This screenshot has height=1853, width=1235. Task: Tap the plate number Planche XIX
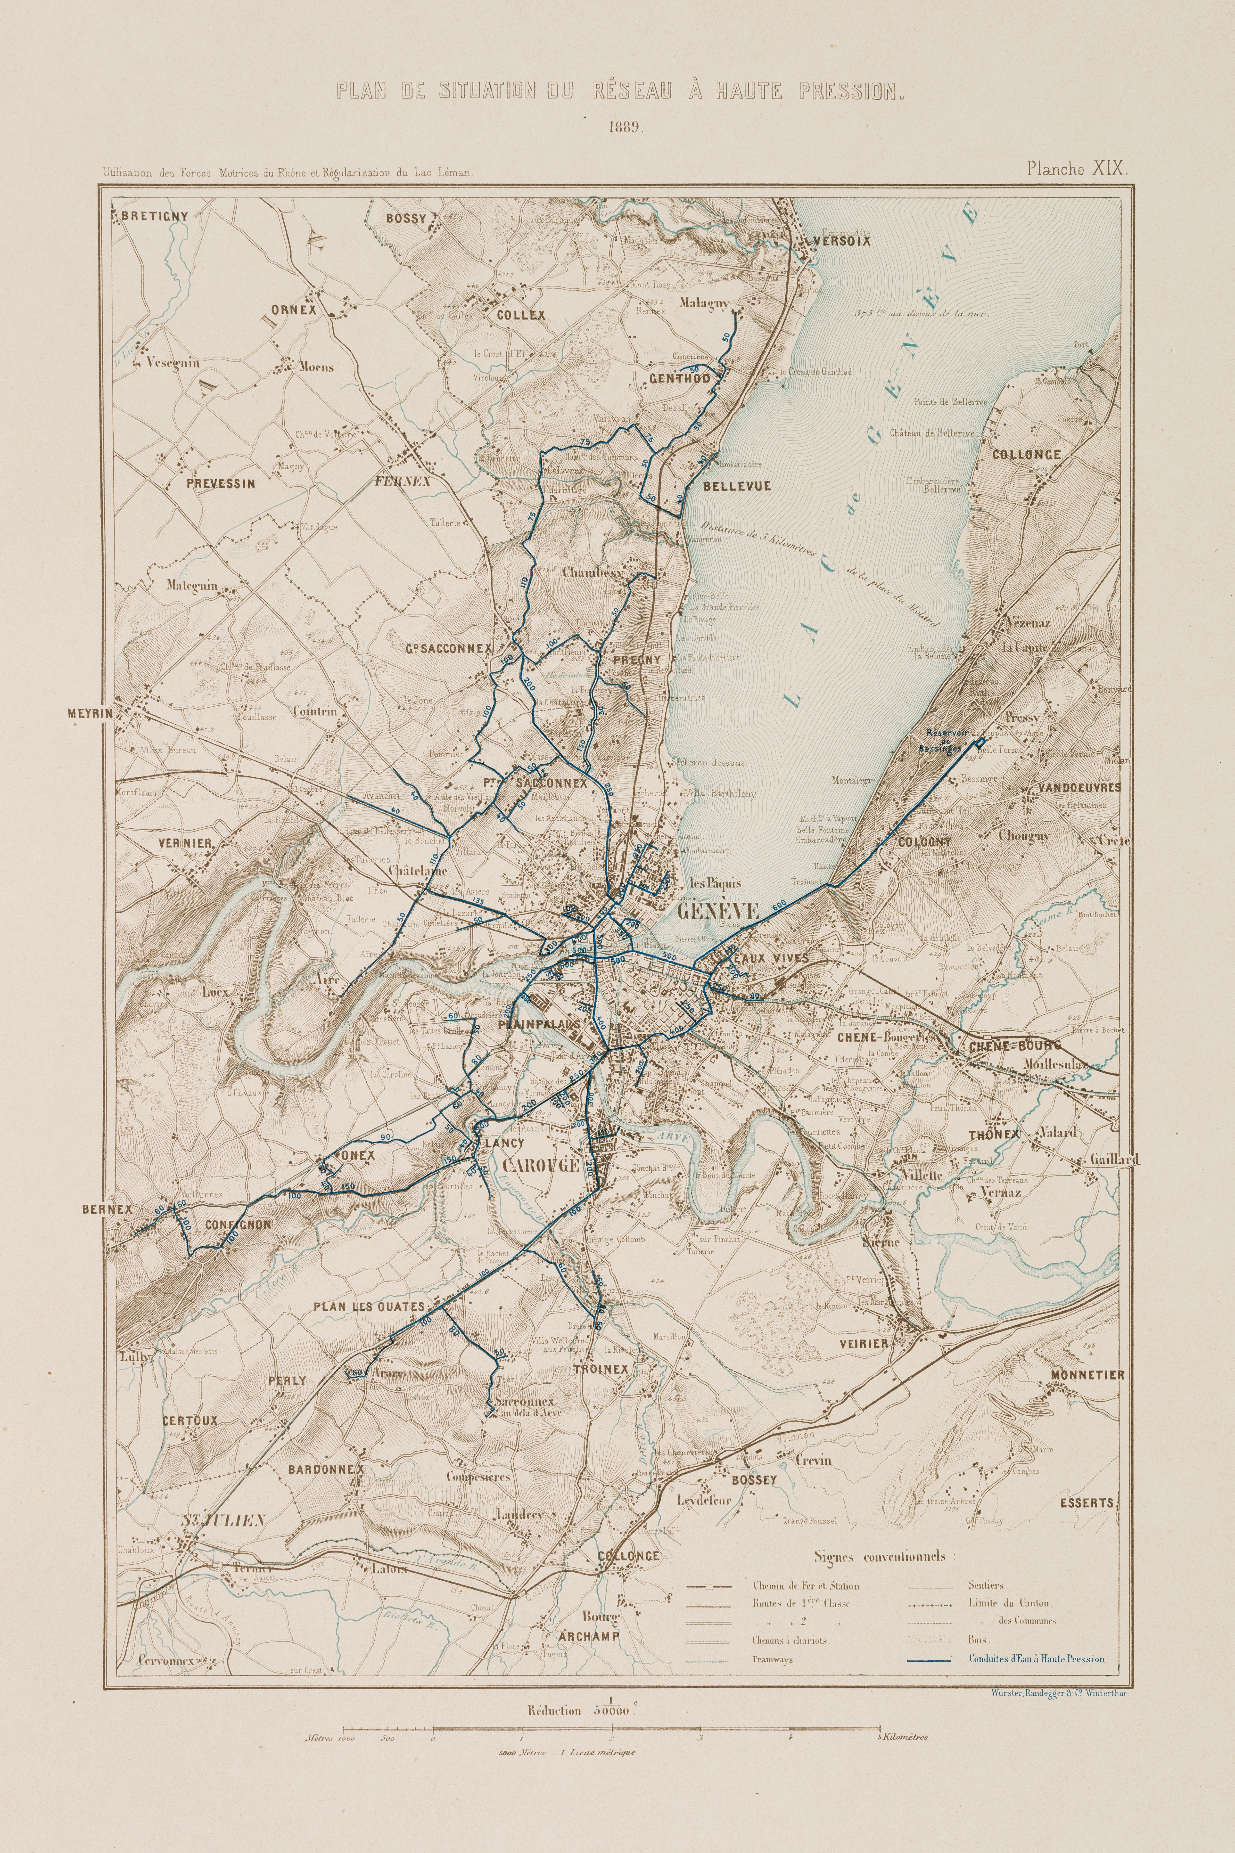click(1077, 168)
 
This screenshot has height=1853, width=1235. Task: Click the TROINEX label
click(601, 1369)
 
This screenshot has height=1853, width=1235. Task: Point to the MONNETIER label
click(1087, 1375)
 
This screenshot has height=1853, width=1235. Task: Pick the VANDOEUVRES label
click(1079, 787)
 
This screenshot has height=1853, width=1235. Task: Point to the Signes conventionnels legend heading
click(882, 1557)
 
